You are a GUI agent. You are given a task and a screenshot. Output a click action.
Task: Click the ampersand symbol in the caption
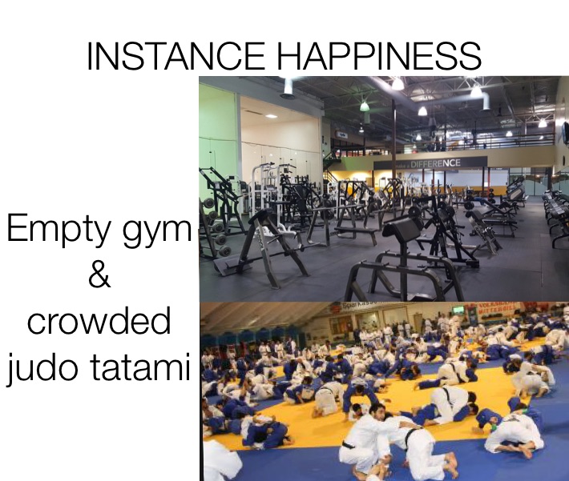(x=99, y=276)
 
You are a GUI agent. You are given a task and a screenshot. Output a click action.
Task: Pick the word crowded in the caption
(x=99, y=321)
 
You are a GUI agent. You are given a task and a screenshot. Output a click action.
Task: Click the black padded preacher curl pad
(x=401, y=228)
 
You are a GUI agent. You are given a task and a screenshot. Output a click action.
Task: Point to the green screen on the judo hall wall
(x=458, y=309)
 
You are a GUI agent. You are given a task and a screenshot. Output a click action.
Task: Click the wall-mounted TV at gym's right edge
(x=564, y=132)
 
